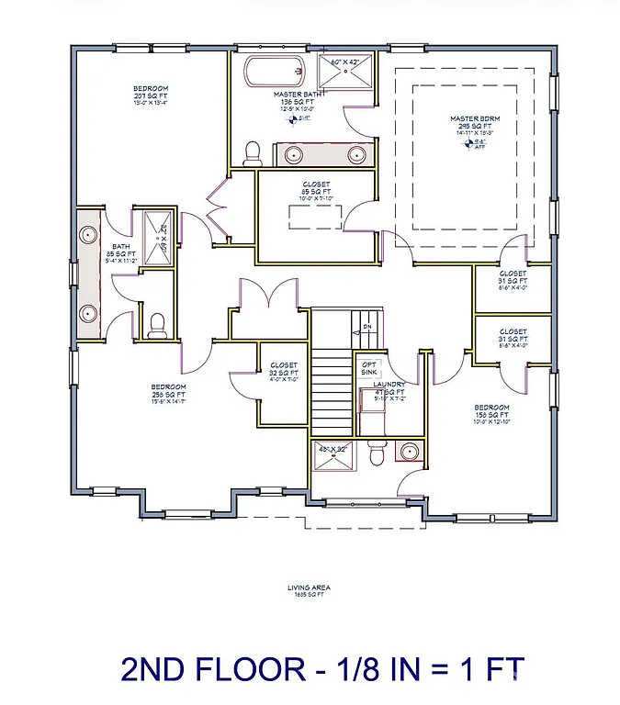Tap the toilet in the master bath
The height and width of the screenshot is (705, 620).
coord(250,154)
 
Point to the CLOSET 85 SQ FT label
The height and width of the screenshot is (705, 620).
coord(315,185)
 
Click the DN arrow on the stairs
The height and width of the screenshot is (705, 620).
coord(366,327)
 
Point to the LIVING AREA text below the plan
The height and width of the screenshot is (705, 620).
coord(310,587)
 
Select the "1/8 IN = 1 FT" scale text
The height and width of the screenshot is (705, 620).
coord(418,669)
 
